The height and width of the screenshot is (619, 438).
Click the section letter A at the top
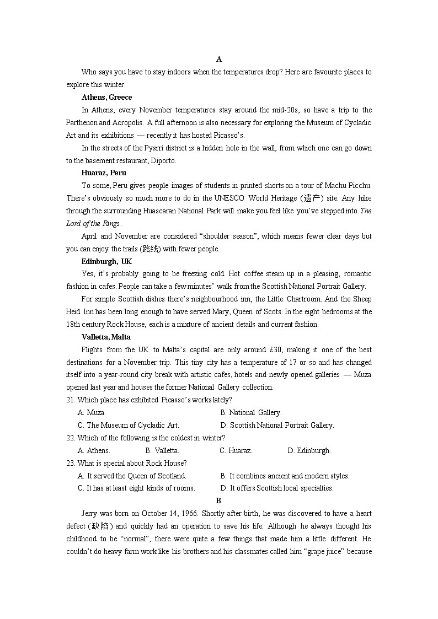click(x=219, y=59)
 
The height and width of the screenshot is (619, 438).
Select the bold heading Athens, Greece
click(x=106, y=97)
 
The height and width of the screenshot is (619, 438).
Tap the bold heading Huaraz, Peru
click(x=104, y=173)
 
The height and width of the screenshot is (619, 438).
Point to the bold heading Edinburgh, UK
click(x=106, y=261)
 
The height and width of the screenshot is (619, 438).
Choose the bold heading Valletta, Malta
click(x=106, y=337)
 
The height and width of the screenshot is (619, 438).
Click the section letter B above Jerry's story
click(x=218, y=500)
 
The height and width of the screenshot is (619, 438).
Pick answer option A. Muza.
click(x=92, y=412)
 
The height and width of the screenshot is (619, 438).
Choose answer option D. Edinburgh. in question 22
click(x=309, y=450)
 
